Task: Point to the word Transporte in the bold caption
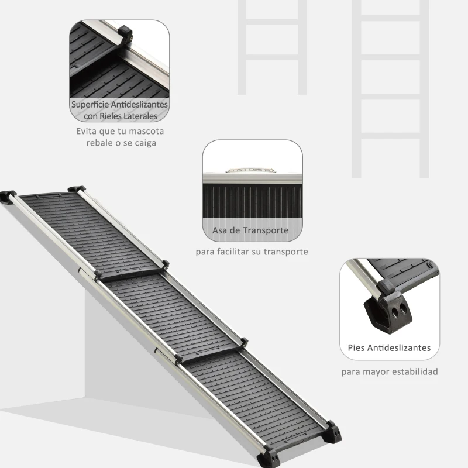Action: point(266,230)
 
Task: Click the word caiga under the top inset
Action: point(143,143)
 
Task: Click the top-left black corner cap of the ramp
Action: point(8,195)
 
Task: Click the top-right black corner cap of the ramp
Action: point(77,189)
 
